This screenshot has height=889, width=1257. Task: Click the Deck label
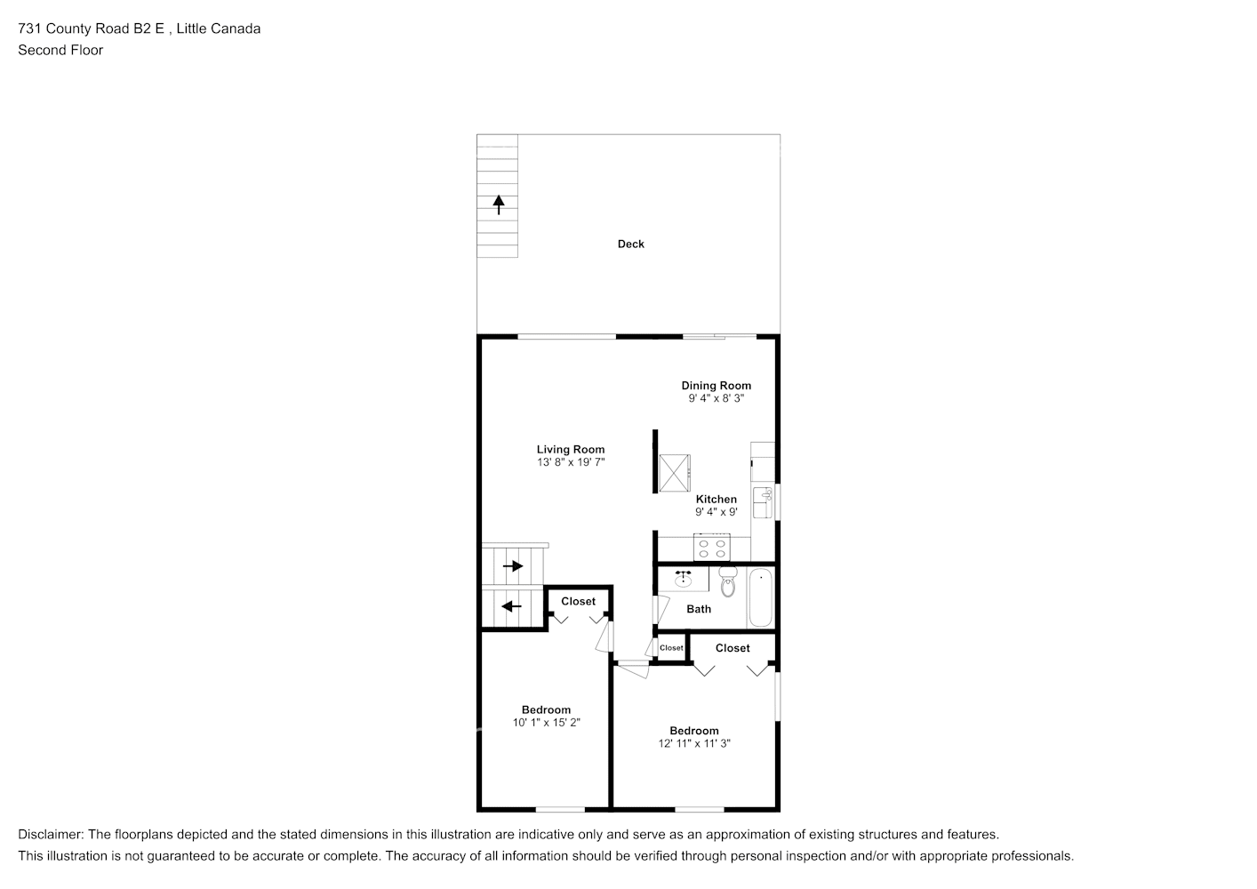click(631, 244)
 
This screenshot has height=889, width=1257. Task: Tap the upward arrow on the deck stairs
click(499, 204)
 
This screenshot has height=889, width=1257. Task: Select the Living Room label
click(571, 450)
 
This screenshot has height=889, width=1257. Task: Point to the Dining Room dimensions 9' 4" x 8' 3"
click(716, 398)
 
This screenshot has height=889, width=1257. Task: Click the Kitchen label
click(716, 499)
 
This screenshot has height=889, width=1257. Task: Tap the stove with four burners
click(712, 548)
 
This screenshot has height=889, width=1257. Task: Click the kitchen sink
click(762, 502)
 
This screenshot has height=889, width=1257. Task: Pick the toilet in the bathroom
click(728, 581)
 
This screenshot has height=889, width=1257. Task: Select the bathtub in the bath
click(760, 597)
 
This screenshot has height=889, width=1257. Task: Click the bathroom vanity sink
click(683, 578)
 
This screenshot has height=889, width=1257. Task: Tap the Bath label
click(699, 609)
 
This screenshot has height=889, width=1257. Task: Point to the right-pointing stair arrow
click(513, 566)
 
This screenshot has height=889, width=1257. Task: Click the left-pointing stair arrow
click(511, 606)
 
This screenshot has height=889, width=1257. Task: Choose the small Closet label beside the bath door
click(671, 648)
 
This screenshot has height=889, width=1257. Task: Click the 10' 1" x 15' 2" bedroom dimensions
click(546, 723)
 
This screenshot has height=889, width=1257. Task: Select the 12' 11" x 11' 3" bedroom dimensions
click(694, 743)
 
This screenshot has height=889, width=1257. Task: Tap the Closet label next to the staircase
click(578, 601)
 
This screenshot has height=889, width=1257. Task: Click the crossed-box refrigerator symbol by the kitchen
click(674, 473)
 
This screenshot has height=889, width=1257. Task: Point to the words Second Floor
click(60, 50)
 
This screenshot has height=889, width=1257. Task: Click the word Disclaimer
click(51, 835)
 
